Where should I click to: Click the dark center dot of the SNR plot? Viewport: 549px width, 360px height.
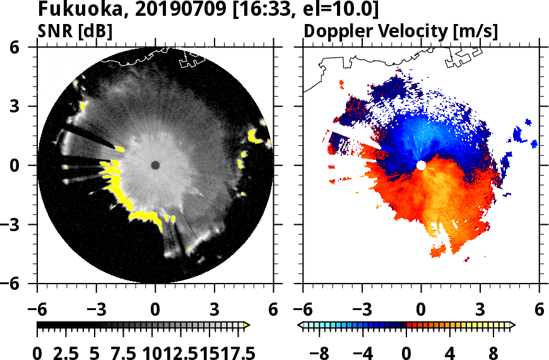pyautogui.click(x=155, y=165)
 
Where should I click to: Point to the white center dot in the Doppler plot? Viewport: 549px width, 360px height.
pyautogui.click(x=421, y=165)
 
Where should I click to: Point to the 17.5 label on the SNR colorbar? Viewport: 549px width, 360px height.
pyautogui.click(x=236, y=351)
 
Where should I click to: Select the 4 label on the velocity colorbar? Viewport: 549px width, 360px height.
pyautogui.click(x=450, y=351)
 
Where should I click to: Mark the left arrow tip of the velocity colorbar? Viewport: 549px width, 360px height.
pyautogui.click(x=300, y=325)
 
